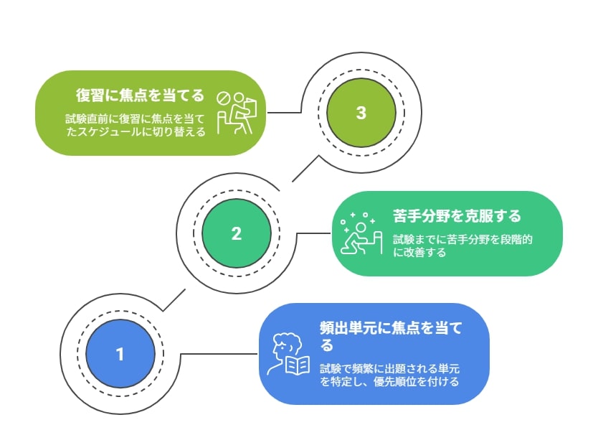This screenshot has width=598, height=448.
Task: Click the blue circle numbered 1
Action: pos(120,354)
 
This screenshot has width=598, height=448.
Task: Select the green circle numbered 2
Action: pos(237,233)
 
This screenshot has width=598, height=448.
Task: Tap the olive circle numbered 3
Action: pos(361,113)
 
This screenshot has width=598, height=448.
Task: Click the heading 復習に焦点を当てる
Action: pos(140,95)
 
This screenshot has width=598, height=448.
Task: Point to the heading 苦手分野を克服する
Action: pos(457,216)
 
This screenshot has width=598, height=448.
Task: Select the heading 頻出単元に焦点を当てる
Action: pos(391,336)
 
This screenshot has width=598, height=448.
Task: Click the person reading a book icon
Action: pos(288,354)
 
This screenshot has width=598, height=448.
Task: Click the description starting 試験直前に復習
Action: pos(136,125)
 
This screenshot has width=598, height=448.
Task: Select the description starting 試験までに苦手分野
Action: pos(462,246)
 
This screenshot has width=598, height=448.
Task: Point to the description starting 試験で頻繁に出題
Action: pos(389,375)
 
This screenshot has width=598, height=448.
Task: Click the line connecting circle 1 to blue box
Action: pos(219,354)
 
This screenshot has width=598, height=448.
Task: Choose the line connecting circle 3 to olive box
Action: pos(284,113)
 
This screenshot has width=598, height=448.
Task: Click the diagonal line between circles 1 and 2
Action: pos(174,300)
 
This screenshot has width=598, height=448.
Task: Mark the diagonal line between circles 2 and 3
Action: pos(305,168)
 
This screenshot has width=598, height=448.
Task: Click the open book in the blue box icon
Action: pos(298,365)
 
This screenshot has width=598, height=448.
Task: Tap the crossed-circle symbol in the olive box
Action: pos(222,98)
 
